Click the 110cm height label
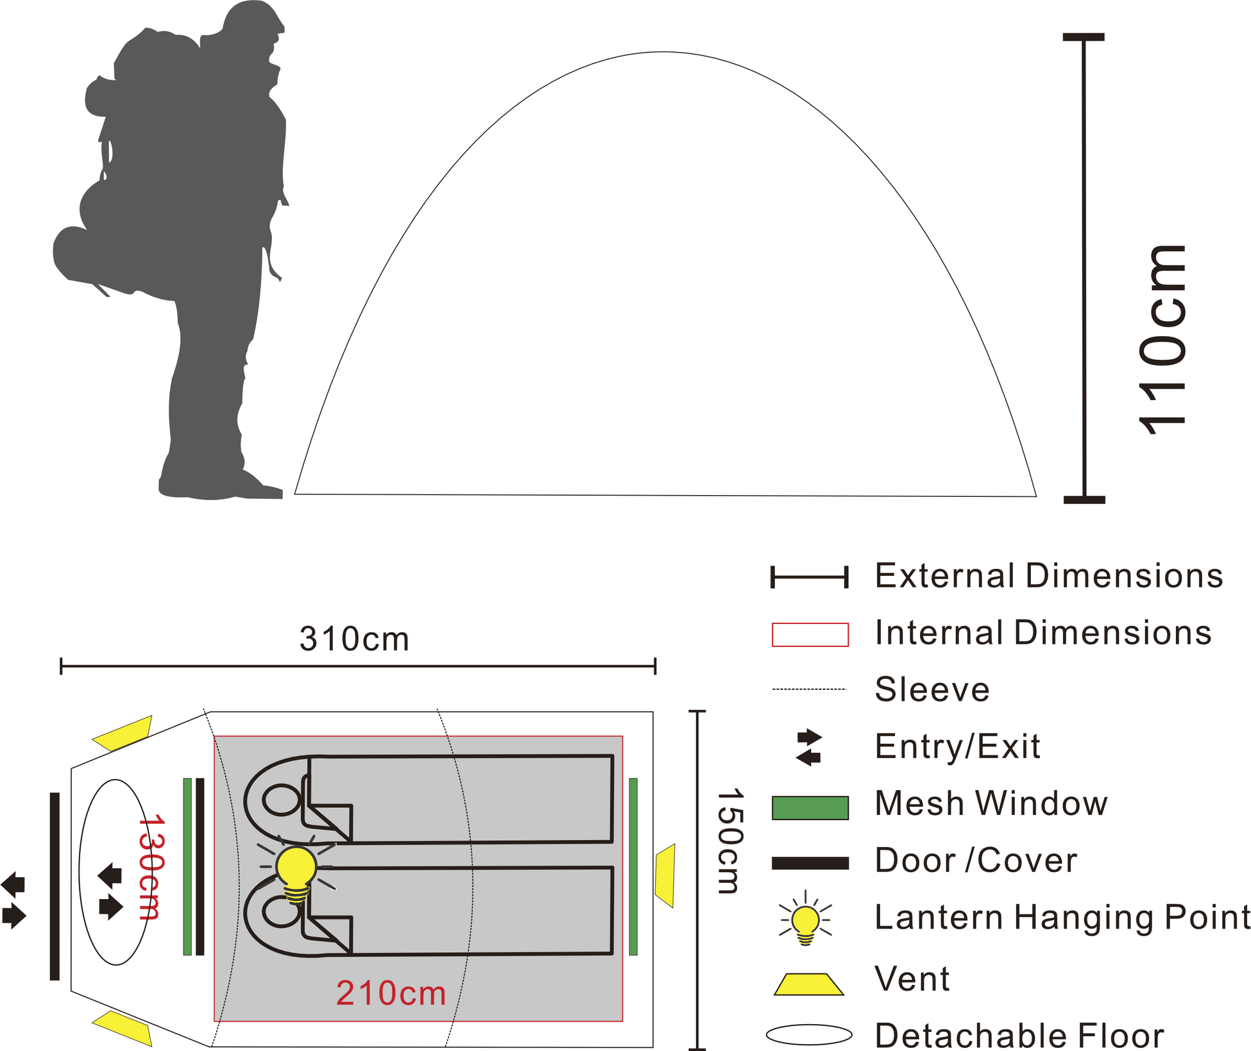click(x=1161, y=340)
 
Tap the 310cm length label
click(x=354, y=639)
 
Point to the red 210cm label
click(x=391, y=993)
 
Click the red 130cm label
click(x=151, y=868)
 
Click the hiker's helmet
click(x=253, y=17)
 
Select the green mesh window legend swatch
click(x=810, y=808)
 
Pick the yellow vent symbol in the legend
click(x=808, y=984)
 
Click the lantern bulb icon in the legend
click(x=805, y=918)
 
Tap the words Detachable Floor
click(x=1019, y=1035)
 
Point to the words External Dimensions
click(x=1049, y=575)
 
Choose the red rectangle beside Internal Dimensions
click(x=810, y=634)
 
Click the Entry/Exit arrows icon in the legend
click(x=809, y=747)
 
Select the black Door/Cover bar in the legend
click(x=810, y=863)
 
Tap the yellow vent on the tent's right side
click(x=665, y=876)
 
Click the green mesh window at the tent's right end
click(x=633, y=866)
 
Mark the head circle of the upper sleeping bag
click(x=282, y=800)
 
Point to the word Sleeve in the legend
click(x=932, y=689)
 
